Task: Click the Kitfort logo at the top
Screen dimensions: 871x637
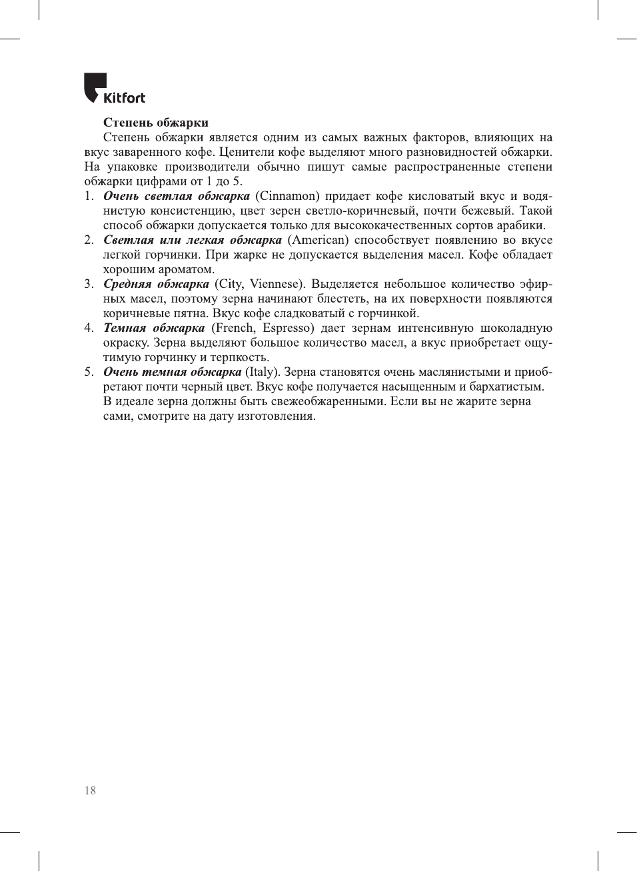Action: click(114, 89)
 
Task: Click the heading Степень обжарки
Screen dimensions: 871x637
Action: click(155, 123)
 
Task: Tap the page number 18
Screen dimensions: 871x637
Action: click(90, 790)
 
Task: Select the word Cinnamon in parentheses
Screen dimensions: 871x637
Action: click(287, 196)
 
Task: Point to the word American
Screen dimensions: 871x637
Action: click(318, 240)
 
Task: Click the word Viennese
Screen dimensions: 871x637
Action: click(276, 284)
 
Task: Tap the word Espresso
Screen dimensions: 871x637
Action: click(287, 328)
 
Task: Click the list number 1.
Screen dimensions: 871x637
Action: click(89, 196)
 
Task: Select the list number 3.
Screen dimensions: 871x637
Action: click(89, 284)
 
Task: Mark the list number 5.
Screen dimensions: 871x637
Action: click(89, 372)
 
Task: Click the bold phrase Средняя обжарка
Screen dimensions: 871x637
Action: click(156, 284)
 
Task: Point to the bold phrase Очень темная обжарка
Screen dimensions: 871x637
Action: click(172, 372)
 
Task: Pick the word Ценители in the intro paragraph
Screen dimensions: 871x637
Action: click(243, 152)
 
